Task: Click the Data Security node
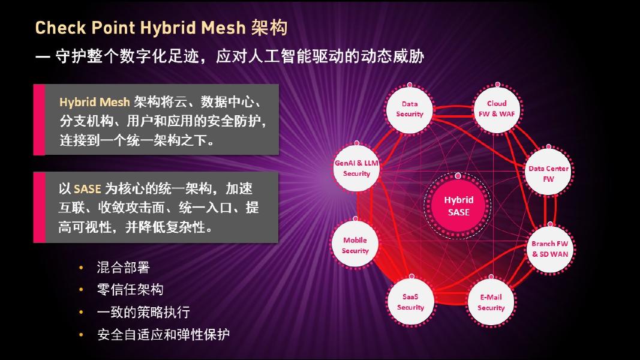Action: coord(410,109)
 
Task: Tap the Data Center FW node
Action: coord(548,173)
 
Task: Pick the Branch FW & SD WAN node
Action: coord(549,248)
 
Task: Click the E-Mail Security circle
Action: coord(491,302)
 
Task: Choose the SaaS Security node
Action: coord(410,302)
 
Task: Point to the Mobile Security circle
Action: coord(355,245)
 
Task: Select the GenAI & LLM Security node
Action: coord(356,168)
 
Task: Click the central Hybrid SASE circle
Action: coord(459,206)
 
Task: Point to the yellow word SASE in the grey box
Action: coord(88,189)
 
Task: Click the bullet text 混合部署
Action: coord(123,268)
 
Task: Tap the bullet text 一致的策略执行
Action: coord(143,312)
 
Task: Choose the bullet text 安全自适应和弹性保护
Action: coord(163,334)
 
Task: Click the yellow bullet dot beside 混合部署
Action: coord(80,268)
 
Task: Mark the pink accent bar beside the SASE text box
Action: coord(39,206)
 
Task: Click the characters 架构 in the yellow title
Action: coord(270,28)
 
